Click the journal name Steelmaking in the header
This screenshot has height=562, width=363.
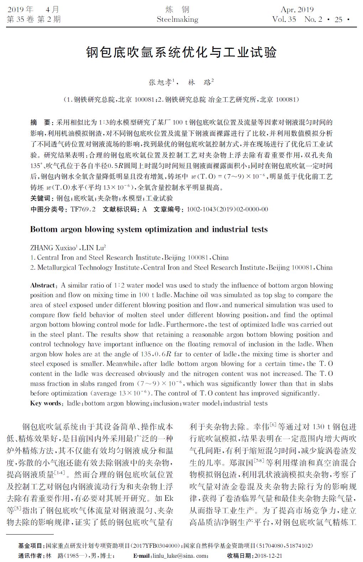point(177,19)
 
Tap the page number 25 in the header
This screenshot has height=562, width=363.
point(338,19)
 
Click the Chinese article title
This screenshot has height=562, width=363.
point(181,52)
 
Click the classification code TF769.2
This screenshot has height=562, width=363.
point(83,209)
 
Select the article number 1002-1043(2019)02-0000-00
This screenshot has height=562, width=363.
point(227,209)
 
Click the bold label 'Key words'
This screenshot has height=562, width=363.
point(46,403)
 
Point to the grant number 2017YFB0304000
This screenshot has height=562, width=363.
point(154,546)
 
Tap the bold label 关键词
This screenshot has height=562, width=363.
point(41,198)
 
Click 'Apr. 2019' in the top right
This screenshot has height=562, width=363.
point(297,10)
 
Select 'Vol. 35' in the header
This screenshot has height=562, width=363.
point(284,19)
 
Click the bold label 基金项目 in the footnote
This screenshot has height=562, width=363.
point(32,546)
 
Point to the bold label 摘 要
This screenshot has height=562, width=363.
point(41,123)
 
